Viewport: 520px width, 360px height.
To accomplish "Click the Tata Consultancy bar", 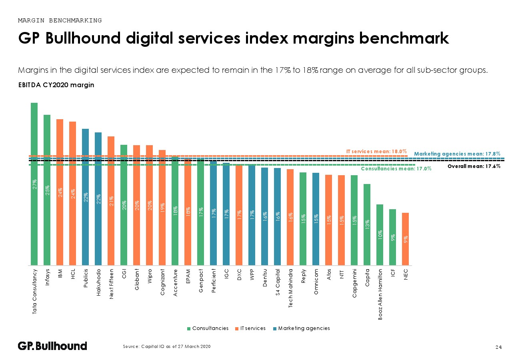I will click(x=34, y=184).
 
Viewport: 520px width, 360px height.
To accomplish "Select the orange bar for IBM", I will click(x=60, y=192).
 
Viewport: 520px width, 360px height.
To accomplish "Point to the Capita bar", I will click(x=367, y=224).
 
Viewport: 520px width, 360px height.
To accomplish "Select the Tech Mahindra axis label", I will click(x=290, y=288).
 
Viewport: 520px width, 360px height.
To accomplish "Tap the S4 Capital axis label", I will click(x=278, y=286).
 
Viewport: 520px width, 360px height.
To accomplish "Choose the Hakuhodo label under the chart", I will click(x=98, y=284).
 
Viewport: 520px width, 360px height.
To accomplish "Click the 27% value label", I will click(x=34, y=184).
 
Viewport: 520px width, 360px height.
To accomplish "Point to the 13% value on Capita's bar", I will click(x=367, y=224).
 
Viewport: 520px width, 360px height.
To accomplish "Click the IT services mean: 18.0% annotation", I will click(x=376, y=152).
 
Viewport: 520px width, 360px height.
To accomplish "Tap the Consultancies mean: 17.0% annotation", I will click(x=396, y=169).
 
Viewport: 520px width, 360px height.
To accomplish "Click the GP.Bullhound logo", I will click(x=52, y=346).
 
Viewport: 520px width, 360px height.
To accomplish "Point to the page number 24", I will click(x=498, y=347).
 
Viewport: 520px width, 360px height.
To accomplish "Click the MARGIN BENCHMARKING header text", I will click(x=60, y=20).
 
